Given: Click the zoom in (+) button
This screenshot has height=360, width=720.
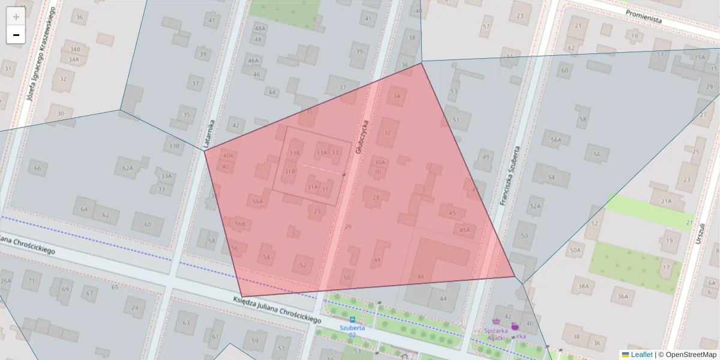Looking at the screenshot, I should tap(16, 17).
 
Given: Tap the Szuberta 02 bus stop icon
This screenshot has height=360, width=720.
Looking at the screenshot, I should tap(352, 319).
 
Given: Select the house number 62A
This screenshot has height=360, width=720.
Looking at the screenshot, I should tap(128, 168).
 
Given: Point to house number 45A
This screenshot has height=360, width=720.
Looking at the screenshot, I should tap(464, 229).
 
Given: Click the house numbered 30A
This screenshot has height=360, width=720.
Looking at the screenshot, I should tap(379, 162).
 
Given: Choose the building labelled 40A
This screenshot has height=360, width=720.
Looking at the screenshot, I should tap(228, 156).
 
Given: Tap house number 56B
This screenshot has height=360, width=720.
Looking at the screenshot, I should tap(240, 224).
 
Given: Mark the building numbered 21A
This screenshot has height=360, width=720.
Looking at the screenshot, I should tap(665, 201).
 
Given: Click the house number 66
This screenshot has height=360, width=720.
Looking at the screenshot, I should tap(38, 169).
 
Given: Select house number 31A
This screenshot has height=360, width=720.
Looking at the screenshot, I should tap(313, 187).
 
